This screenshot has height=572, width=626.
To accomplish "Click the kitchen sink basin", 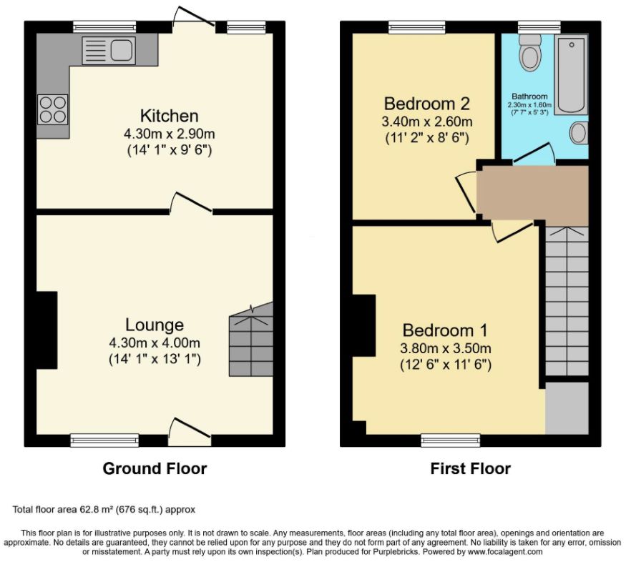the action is point(122,50).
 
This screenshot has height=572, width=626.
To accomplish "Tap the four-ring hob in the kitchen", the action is point(53,109).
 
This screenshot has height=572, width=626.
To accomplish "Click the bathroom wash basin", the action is point(579,133).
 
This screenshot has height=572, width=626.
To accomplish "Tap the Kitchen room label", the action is point(170,116).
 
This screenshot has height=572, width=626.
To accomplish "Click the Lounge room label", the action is point(155,325).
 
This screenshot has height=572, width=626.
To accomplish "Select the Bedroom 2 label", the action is point(427,104).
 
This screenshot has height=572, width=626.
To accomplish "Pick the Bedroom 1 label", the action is point(445,330).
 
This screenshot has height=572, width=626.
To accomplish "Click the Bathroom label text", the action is point(530,96).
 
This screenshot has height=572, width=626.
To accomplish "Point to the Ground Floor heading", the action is point(155,469).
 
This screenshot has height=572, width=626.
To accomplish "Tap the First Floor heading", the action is point(471,469).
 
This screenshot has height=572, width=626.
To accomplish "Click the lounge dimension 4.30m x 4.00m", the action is point(155,342).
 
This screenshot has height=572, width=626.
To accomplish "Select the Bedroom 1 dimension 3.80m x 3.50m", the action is point(446,348).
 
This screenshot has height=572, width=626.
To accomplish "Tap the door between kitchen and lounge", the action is point(192,202).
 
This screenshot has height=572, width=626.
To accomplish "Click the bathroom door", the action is point(534,154).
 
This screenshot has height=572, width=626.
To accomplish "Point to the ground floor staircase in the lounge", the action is point(251,339).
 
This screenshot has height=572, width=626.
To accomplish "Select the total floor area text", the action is point(104,509).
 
